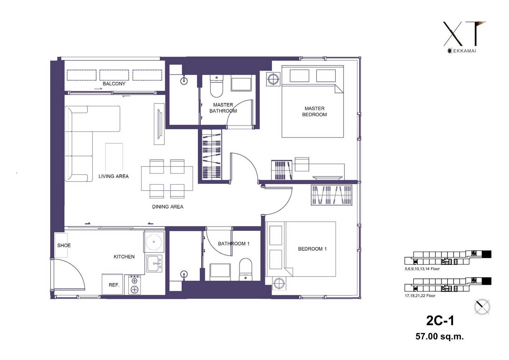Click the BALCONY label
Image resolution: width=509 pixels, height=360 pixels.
pyautogui.click(x=114, y=84)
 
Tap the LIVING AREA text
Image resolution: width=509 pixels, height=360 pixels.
pyautogui.click(x=114, y=176)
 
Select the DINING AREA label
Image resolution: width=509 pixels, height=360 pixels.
pyautogui.click(x=168, y=207)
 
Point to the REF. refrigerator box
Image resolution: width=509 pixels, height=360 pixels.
pyautogui.click(x=112, y=284)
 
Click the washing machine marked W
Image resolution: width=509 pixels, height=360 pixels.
pyautogui.click(x=154, y=242)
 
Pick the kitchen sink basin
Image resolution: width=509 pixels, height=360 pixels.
pyautogui.click(x=155, y=263)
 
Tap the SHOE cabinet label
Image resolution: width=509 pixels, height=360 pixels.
pyautogui.click(x=64, y=245)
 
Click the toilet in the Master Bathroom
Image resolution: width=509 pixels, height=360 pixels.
pyautogui.click(x=217, y=86)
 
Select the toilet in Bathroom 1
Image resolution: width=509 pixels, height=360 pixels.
pyautogui.click(x=246, y=269)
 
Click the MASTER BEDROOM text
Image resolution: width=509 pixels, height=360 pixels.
pyautogui.click(x=315, y=111)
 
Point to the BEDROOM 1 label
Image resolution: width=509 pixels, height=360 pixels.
pyautogui.click(x=312, y=249)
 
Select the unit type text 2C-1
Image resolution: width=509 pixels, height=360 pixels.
pyautogui.click(x=440, y=321)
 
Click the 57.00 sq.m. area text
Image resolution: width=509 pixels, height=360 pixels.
pyautogui.click(x=439, y=336)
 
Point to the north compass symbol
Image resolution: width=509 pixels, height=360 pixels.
pyautogui.click(x=482, y=307)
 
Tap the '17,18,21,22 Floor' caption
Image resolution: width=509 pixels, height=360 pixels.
pyautogui.click(x=420, y=296)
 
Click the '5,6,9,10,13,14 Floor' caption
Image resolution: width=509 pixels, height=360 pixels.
pyautogui.click(x=422, y=269)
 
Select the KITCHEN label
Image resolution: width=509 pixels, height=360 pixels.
pyautogui.click(x=124, y=257)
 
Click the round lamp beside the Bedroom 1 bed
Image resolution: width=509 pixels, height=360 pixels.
pyautogui.click(x=279, y=283)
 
